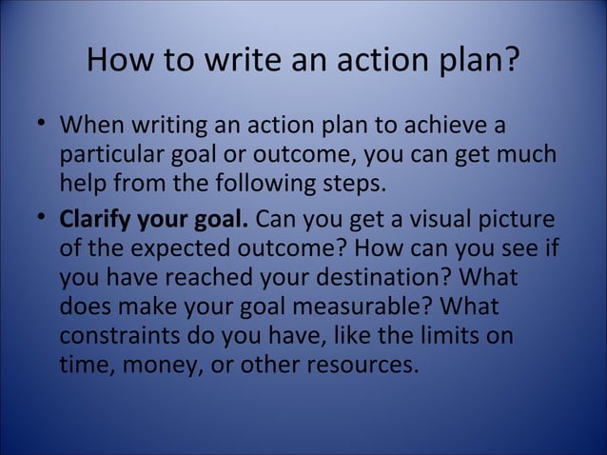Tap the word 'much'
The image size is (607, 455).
point(530,154)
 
